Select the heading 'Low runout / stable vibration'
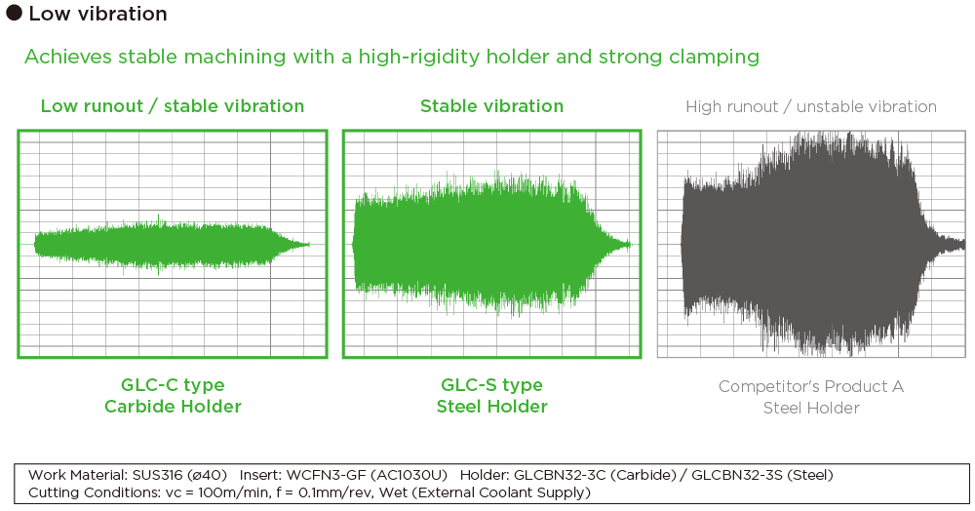173,106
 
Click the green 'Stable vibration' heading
491,106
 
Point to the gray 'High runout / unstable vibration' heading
811,106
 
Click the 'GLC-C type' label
173,385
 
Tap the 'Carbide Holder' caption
173,407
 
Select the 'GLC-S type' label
491,385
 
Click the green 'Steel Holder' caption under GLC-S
491,407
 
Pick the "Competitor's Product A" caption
811,387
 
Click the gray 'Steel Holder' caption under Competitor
811,408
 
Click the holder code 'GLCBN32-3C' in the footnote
558,475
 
